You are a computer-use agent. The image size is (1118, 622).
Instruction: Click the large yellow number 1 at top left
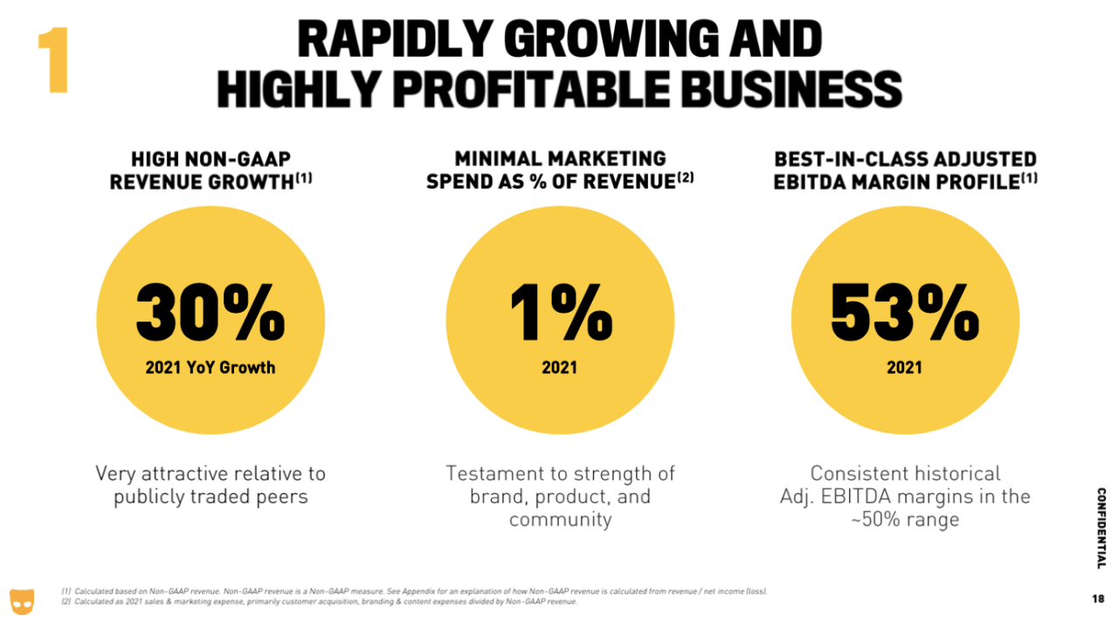(53, 61)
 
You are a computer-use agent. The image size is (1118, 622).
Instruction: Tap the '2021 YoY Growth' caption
(210, 368)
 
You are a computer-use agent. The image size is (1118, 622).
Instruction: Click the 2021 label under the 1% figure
(560, 368)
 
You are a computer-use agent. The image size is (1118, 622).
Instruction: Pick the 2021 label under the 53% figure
(905, 368)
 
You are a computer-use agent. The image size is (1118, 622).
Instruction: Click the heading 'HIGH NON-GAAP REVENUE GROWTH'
(210, 170)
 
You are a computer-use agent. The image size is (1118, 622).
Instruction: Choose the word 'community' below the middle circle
(560, 520)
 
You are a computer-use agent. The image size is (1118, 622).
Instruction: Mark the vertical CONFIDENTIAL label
(1101, 528)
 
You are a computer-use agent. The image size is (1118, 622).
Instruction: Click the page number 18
(1098, 599)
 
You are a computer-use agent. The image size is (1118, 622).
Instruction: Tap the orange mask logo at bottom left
(22, 600)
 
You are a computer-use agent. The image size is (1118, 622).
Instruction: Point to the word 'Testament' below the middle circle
(492, 473)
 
